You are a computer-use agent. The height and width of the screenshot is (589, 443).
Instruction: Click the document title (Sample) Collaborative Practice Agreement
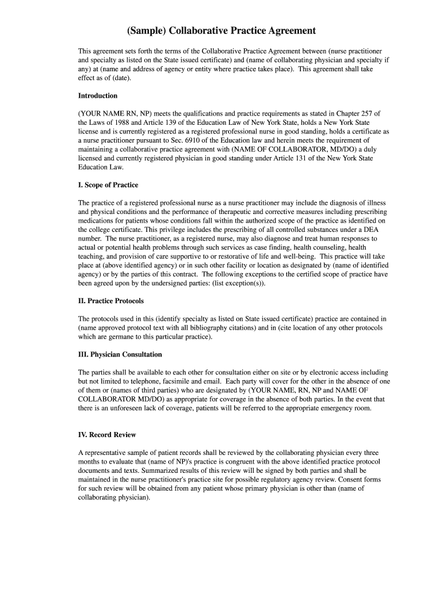[221, 30]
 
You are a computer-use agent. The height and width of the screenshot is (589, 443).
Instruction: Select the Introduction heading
[98, 95]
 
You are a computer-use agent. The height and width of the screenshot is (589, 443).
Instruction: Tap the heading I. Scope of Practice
[108, 185]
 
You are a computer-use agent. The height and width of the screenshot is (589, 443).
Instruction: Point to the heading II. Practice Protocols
[111, 301]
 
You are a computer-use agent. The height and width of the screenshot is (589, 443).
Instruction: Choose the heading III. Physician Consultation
[120, 354]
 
